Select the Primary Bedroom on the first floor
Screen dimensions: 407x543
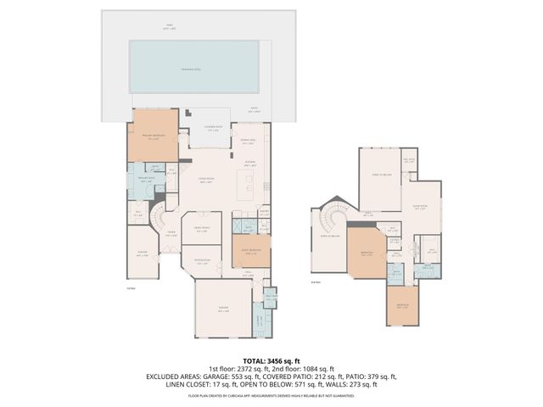pos(154,136)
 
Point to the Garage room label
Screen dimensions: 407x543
pos(223,310)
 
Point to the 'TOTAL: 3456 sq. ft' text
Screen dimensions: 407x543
pos(271,360)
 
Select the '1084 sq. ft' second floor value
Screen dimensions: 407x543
pos(318,368)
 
